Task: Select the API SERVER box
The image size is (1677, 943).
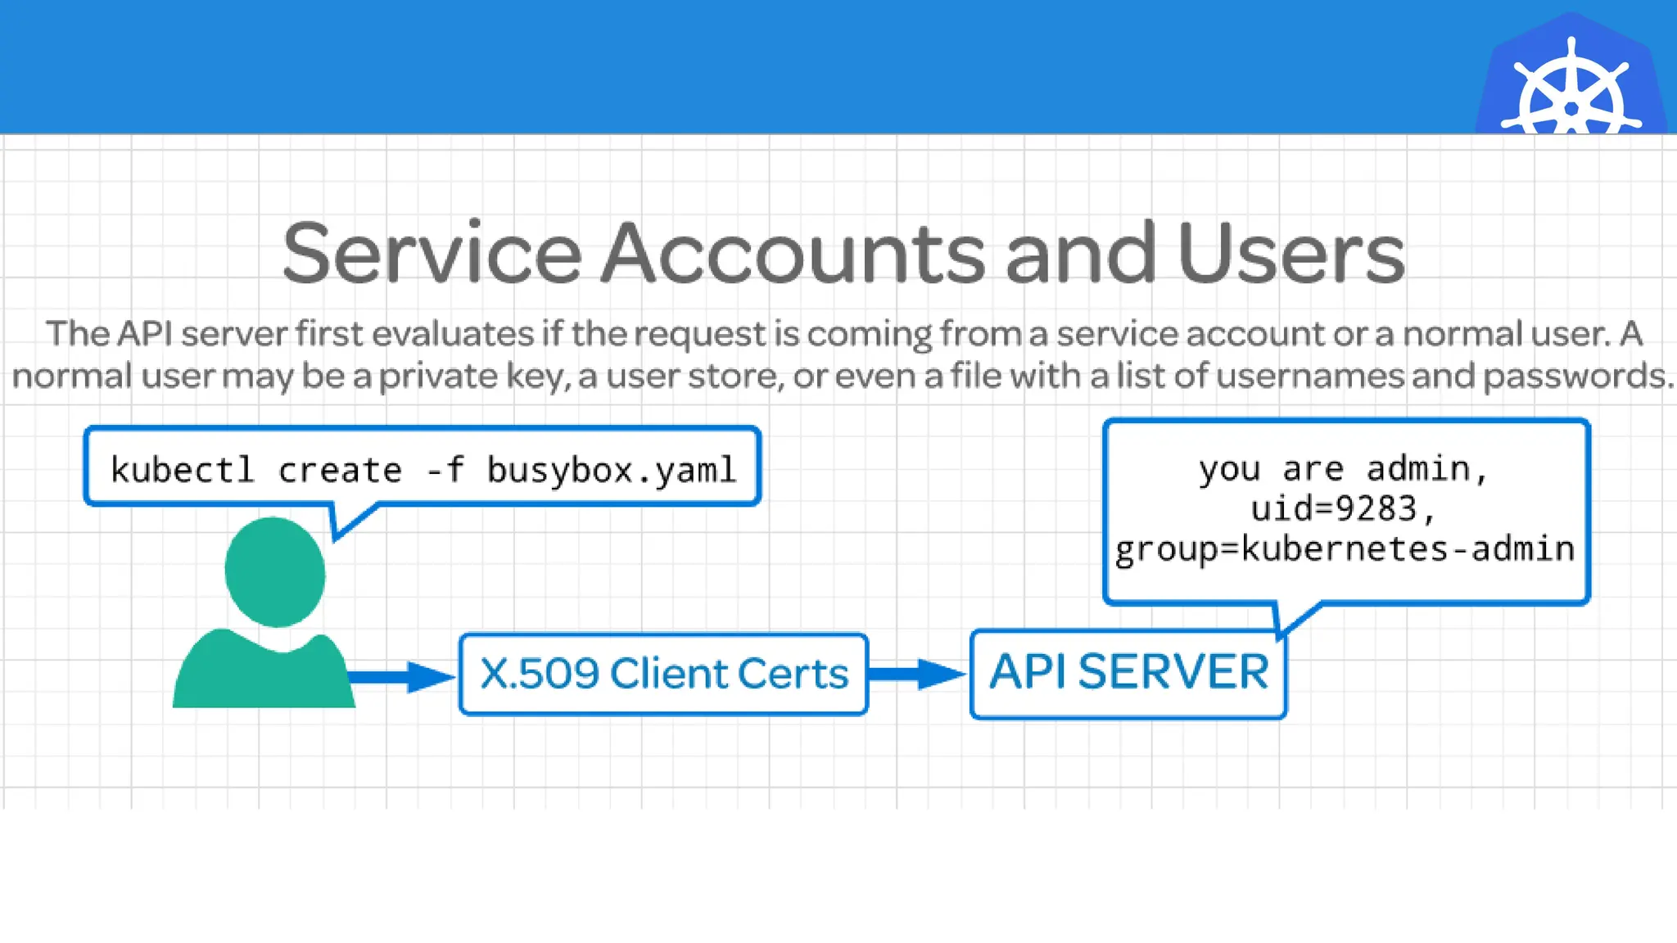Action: (1128, 674)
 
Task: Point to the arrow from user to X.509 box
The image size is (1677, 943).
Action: (401, 676)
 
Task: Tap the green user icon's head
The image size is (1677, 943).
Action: (275, 572)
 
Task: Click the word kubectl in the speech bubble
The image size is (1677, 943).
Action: (182, 470)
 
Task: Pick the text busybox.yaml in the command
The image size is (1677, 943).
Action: (612, 470)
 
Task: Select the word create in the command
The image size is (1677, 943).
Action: (340, 470)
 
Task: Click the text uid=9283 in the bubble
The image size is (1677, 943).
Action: (1335, 508)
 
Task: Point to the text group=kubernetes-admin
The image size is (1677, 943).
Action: (1345, 548)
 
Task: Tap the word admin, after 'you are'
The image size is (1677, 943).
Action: (1426, 469)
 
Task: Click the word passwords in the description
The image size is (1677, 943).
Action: (1576, 376)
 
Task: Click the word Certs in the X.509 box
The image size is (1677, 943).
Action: (793, 674)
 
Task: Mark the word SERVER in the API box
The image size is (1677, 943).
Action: (1173, 672)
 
